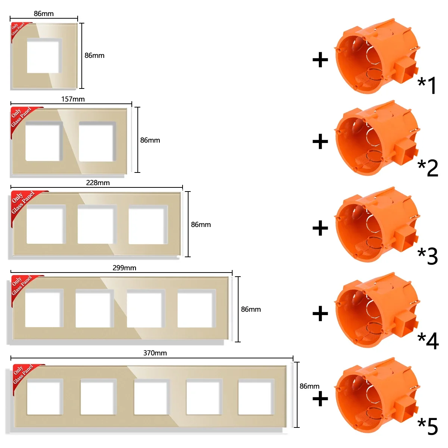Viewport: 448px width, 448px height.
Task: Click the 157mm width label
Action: pyautogui.click(x=73, y=99)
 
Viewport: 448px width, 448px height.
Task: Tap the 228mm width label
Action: pyautogui.click(x=98, y=183)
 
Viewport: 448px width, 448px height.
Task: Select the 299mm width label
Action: pyautogui.click(x=124, y=268)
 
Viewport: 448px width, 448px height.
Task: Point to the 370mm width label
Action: pyautogui.click(x=155, y=353)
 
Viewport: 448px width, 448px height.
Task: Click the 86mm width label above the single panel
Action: pyautogui.click(x=44, y=14)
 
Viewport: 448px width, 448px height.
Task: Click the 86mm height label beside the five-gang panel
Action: pyautogui.click(x=309, y=386)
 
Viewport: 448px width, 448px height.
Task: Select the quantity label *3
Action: pyautogui.click(x=427, y=256)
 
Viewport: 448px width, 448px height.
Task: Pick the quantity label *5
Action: pyautogui.click(x=427, y=426)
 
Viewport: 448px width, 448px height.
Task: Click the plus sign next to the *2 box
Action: pyautogui.click(x=320, y=141)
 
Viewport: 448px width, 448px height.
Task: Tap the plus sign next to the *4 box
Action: pyautogui.click(x=320, y=313)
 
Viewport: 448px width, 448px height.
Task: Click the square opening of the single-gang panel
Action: pyautogui.click(x=44, y=56)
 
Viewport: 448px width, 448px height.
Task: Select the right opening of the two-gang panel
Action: pyautogui.click(x=97, y=141)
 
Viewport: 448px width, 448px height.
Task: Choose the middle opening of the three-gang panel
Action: pyautogui.click(x=97, y=224)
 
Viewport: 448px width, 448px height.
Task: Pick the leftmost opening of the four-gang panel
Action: pyautogui.click(x=44, y=308)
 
